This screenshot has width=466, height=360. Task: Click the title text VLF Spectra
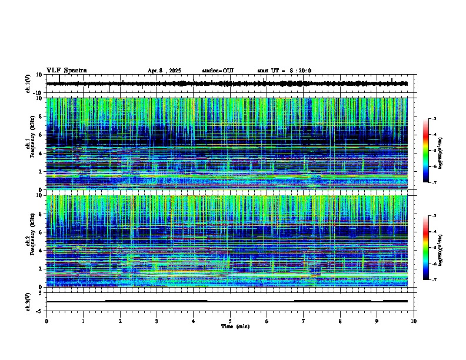pyautogui.click(x=66, y=71)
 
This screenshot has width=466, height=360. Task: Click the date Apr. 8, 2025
pyautogui.click(x=164, y=71)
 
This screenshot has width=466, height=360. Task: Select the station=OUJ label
pyautogui.click(x=218, y=71)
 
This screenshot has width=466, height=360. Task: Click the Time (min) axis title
pyautogui.click(x=235, y=326)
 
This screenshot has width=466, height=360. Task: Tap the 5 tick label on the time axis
pyautogui.click(x=230, y=321)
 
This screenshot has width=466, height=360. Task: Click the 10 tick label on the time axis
pyautogui.click(x=414, y=321)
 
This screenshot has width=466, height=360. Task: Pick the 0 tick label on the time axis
pyautogui.click(x=46, y=321)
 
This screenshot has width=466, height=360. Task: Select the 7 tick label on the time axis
pyautogui.click(x=304, y=321)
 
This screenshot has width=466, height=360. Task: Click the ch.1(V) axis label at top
pyautogui.click(x=28, y=84)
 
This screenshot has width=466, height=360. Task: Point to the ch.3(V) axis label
pyautogui.click(x=28, y=301)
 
